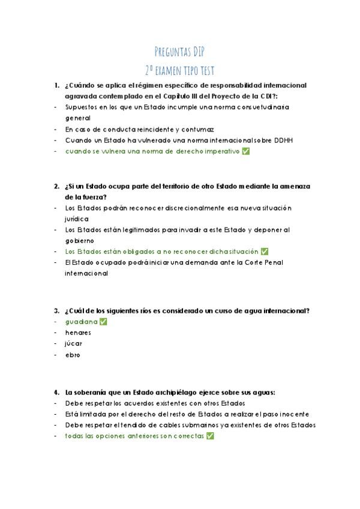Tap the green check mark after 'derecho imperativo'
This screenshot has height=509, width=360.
pos(245,151)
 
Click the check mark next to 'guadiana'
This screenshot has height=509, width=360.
pos(103,322)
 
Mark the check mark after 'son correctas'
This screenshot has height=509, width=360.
pos(210,436)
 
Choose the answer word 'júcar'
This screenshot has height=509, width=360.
pos(74,344)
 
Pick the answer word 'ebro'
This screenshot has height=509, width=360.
pos(72,355)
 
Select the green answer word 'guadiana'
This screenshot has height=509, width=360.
pos(81,322)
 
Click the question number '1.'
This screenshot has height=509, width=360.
pos(56,85)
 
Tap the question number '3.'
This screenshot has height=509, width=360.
pos(56,310)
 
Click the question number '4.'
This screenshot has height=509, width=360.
pos(56,392)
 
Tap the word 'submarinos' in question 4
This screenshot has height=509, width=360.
pos(199,425)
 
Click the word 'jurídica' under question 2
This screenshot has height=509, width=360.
pos(76,218)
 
